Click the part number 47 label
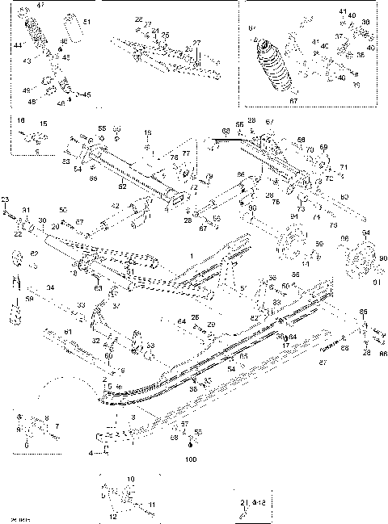pyautogui.click(x=41, y=6)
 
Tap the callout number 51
pyautogui.click(x=87, y=22)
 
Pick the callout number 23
pyautogui.click(x=5, y=199)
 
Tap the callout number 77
pyautogui.click(x=185, y=152)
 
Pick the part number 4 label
pyautogui.click(x=91, y=453)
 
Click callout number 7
pyautogui.click(x=57, y=425)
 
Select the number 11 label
pyautogui.click(x=151, y=505)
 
